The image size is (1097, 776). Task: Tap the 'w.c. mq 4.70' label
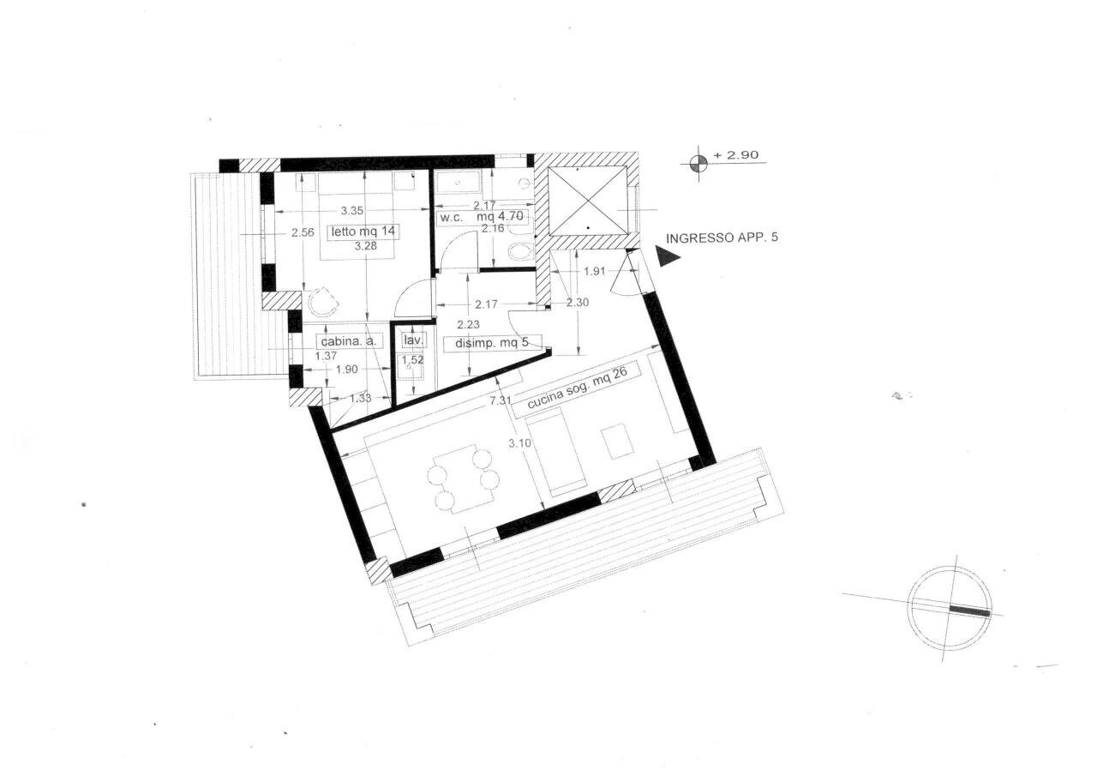pyautogui.click(x=484, y=218)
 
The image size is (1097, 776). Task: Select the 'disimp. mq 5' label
pyautogui.click(x=492, y=344)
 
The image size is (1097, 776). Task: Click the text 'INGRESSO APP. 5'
pyautogui.click(x=722, y=238)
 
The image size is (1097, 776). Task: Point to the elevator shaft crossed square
pyautogui.click(x=587, y=201)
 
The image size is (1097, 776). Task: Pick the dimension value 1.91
pyautogui.click(x=594, y=272)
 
